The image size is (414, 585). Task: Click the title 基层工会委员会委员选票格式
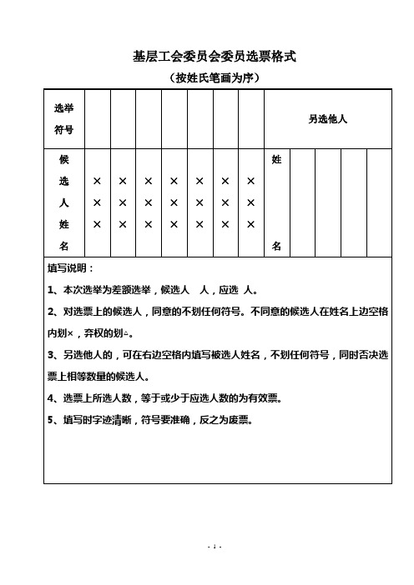[x=215, y=57]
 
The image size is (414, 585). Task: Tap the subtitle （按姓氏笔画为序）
[x=215, y=78]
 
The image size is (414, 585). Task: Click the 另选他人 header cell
[x=327, y=119]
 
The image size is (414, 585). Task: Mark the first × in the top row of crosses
[x=98, y=181]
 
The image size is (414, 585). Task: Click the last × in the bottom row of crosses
[x=250, y=224]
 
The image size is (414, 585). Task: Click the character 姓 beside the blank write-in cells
[x=276, y=158]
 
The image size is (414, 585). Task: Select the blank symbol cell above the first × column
[x=98, y=119]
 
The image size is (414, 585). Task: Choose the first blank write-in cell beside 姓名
[x=302, y=202]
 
